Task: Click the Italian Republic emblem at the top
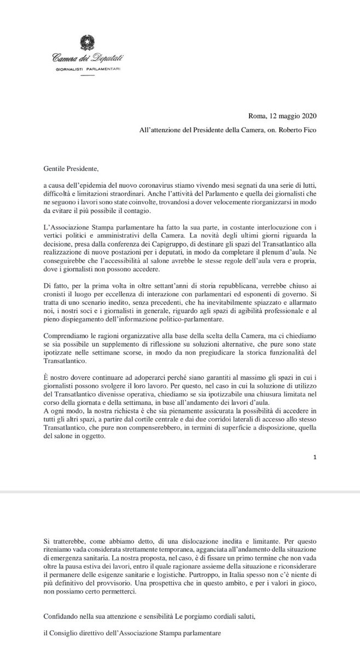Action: (x=87, y=41)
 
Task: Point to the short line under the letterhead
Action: (x=87, y=79)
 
